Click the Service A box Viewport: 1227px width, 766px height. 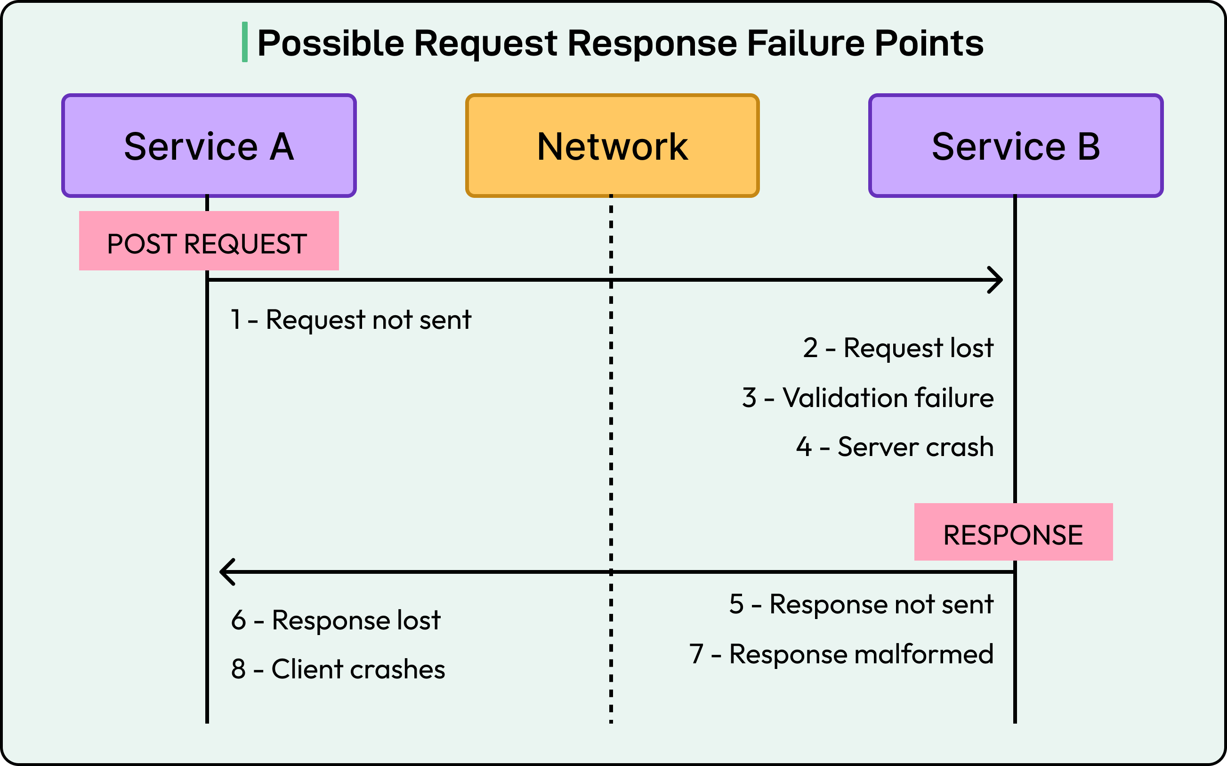pyautogui.click(x=209, y=146)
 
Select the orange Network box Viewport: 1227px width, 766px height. pyautogui.click(x=612, y=146)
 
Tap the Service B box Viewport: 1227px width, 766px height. pyautogui.click(x=1016, y=146)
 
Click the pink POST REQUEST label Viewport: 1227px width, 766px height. pyautogui.click(x=209, y=241)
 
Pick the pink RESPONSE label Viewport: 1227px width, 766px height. pyautogui.click(x=1013, y=532)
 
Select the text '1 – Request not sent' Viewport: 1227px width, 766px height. pyautogui.click(x=351, y=320)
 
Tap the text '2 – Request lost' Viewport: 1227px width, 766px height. pyautogui.click(x=898, y=348)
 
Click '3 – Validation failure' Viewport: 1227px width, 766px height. pyautogui.click(x=868, y=398)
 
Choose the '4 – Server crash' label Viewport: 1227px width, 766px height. pyautogui.click(x=895, y=447)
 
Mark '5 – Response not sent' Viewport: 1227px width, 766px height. pyautogui.click(x=861, y=604)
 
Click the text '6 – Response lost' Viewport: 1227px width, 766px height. pyautogui.click(x=336, y=620)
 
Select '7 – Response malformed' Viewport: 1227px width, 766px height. pyautogui.click(x=841, y=654)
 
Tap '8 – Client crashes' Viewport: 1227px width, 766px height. pyautogui.click(x=338, y=669)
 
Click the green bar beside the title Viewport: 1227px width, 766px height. pyautogui.click(x=244, y=42)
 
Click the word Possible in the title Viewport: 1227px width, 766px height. pyautogui.click(x=331, y=43)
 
